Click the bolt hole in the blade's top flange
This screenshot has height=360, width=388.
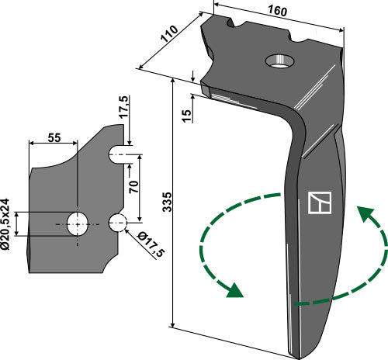click(x=278, y=60)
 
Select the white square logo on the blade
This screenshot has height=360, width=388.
click(x=319, y=202)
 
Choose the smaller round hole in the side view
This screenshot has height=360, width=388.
click(x=118, y=223)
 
